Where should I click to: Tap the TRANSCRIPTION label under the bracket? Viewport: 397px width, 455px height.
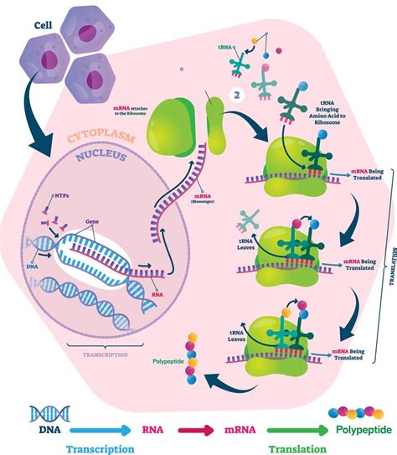pos(106,356)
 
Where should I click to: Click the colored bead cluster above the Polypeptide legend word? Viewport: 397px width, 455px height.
pos(355,412)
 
